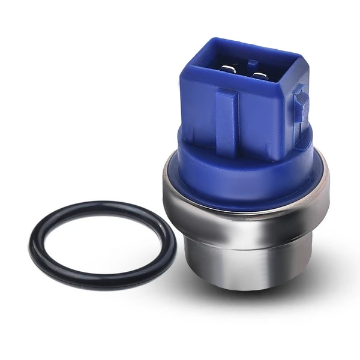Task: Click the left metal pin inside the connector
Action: click(229, 70)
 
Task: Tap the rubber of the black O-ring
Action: click(36, 246)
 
